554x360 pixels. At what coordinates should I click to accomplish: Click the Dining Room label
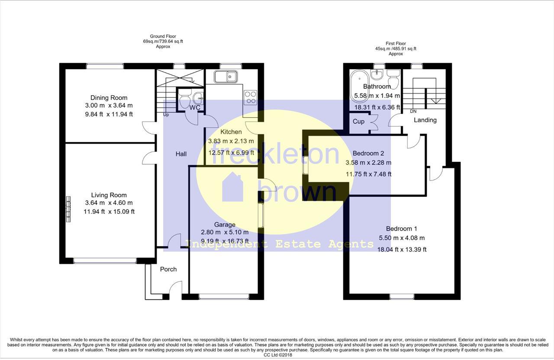click(x=109, y=98)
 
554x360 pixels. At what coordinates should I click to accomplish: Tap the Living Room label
click(x=109, y=195)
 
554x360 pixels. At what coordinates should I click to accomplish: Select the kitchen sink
click(x=226, y=77)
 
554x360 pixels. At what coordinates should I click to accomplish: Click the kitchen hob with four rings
click(x=250, y=97)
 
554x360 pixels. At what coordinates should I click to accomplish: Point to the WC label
click(x=195, y=108)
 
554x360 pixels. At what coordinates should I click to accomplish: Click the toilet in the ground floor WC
click(x=185, y=98)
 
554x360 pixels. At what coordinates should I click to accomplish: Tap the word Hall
click(x=181, y=154)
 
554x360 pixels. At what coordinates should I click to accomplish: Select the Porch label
click(x=168, y=269)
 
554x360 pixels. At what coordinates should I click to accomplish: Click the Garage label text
click(x=225, y=225)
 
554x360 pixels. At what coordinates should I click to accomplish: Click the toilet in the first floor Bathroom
click(x=393, y=79)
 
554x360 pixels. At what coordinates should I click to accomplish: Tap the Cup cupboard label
click(x=359, y=122)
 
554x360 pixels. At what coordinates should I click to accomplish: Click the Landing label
click(x=425, y=120)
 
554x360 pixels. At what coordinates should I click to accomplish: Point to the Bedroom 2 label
click(x=368, y=153)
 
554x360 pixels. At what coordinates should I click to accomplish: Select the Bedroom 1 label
click(x=401, y=229)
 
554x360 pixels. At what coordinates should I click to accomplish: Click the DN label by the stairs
click(x=413, y=111)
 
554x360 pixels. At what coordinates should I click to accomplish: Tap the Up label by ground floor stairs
click(x=166, y=115)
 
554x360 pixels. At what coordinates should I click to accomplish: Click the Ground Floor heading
click(x=163, y=36)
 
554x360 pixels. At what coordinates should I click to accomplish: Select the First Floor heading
click(x=396, y=44)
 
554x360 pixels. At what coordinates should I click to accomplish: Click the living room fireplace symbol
click(x=68, y=209)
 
